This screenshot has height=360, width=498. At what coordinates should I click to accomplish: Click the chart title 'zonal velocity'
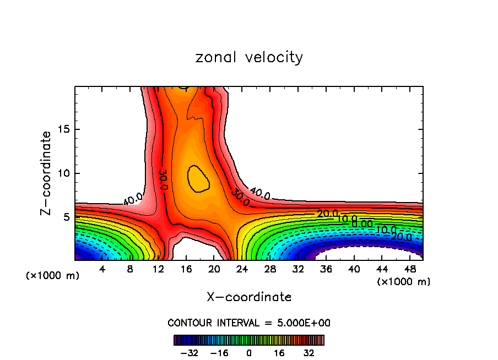tap(249, 57)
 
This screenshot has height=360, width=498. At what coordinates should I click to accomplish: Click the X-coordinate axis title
tap(249, 297)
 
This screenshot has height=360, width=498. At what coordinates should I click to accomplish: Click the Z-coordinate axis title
tap(46, 173)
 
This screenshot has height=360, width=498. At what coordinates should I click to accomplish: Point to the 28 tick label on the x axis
tap(270, 269)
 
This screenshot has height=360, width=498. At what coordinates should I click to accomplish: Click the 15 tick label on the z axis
tap(62, 129)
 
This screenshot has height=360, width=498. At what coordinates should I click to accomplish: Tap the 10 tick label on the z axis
tap(62, 173)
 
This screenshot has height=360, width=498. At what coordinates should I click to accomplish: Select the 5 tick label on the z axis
tap(65, 217)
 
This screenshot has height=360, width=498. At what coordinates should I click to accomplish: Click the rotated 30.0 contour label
tap(164, 179)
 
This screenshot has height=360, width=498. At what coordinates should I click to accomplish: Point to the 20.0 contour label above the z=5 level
tap(327, 213)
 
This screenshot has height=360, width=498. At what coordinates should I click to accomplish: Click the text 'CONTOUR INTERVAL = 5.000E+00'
tap(249, 323)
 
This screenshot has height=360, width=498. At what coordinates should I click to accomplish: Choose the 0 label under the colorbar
tap(249, 352)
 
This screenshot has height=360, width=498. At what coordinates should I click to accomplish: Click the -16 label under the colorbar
tap(219, 352)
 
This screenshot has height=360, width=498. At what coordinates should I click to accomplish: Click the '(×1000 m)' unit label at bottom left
tap(53, 276)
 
